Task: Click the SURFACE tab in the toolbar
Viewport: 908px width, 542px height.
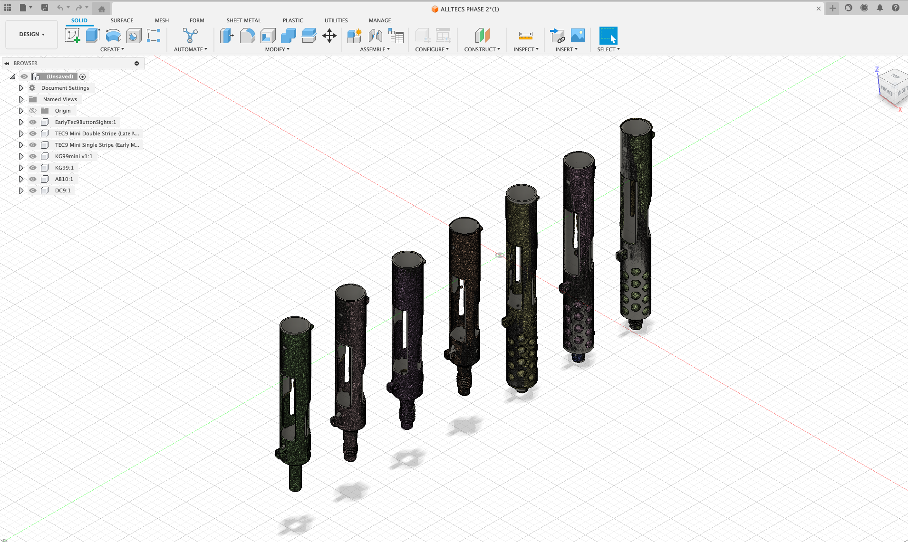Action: [x=122, y=20]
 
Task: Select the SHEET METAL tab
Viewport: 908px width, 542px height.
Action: [x=243, y=20]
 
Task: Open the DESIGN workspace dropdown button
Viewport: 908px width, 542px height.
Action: [x=32, y=34]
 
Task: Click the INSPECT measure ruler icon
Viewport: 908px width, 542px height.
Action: [x=525, y=36]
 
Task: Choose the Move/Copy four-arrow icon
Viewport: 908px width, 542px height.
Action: [x=329, y=36]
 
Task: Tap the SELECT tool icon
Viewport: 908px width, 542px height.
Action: [x=608, y=36]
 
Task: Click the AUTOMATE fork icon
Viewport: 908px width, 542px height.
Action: [x=190, y=36]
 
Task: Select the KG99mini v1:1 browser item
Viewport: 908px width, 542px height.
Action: [x=74, y=156]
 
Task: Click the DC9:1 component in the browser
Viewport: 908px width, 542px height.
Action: [x=63, y=190]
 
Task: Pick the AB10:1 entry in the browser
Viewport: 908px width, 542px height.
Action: [x=64, y=179]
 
